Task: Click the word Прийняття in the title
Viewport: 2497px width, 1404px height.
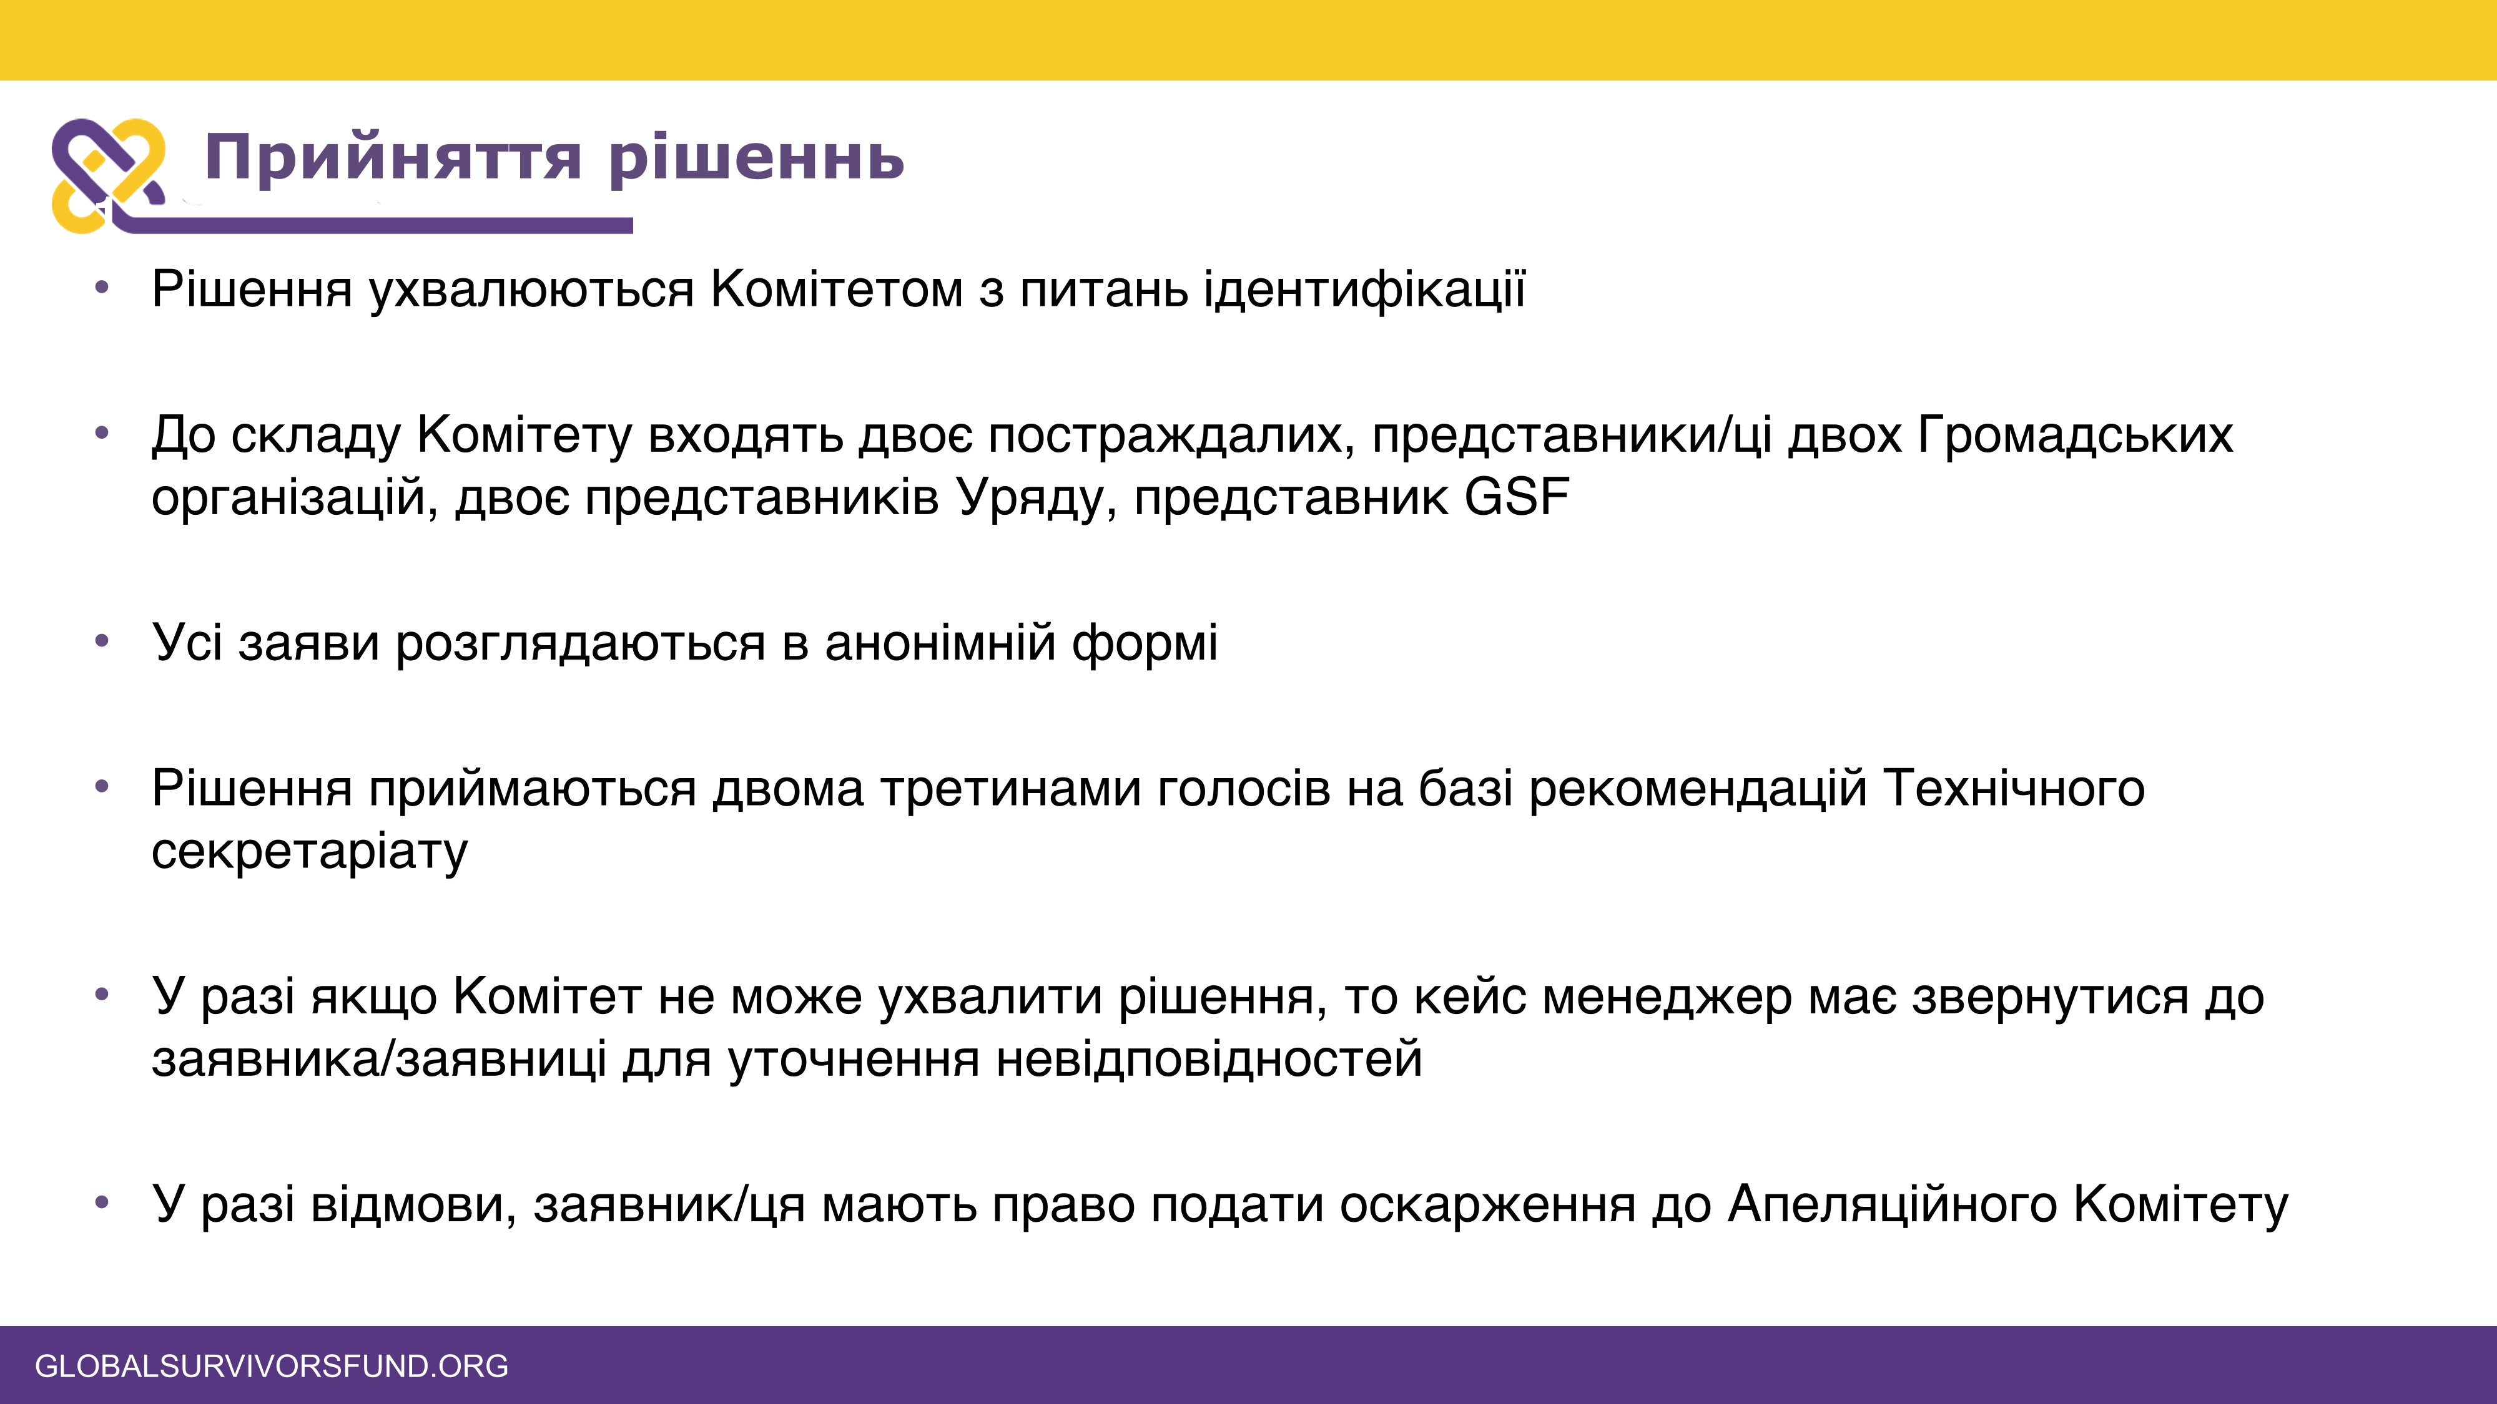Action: point(393,157)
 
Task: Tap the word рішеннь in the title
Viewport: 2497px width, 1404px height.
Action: point(757,157)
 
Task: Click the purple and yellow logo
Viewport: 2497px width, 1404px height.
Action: point(107,175)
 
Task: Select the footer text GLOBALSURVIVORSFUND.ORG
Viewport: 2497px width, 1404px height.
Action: point(272,1365)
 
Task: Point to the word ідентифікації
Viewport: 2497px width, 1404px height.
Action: point(1365,290)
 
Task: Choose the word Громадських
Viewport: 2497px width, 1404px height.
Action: point(2076,435)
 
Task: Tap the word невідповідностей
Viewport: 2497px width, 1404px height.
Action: point(1209,1058)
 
